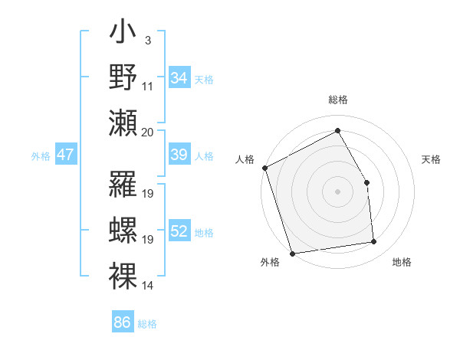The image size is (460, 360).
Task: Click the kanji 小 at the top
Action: tap(123, 35)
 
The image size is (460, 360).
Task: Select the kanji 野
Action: tap(123, 78)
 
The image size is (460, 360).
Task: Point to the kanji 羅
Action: tap(123, 185)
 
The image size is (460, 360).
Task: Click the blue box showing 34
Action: tap(179, 78)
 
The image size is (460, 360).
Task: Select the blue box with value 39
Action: tap(179, 155)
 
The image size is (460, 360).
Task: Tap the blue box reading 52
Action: tap(179, 232)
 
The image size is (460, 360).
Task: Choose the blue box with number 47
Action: tap(66, 155)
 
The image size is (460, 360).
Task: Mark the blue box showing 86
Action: tap(123, 322)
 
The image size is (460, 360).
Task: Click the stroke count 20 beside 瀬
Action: tap(148, 132)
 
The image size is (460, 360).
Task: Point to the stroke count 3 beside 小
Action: tap(147, 41)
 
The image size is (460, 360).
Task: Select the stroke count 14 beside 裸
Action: tap(148, 286)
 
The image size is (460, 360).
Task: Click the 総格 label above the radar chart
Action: tap(338, 100)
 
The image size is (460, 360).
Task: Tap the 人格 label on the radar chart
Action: tap(245, 159)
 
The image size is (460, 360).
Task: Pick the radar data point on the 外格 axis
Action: tap(292, 254)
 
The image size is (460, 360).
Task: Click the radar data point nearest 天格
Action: tap(366, 182)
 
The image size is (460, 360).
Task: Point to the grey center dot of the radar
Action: tap(338, 191)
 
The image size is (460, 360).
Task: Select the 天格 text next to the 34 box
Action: tap(204, 80)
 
